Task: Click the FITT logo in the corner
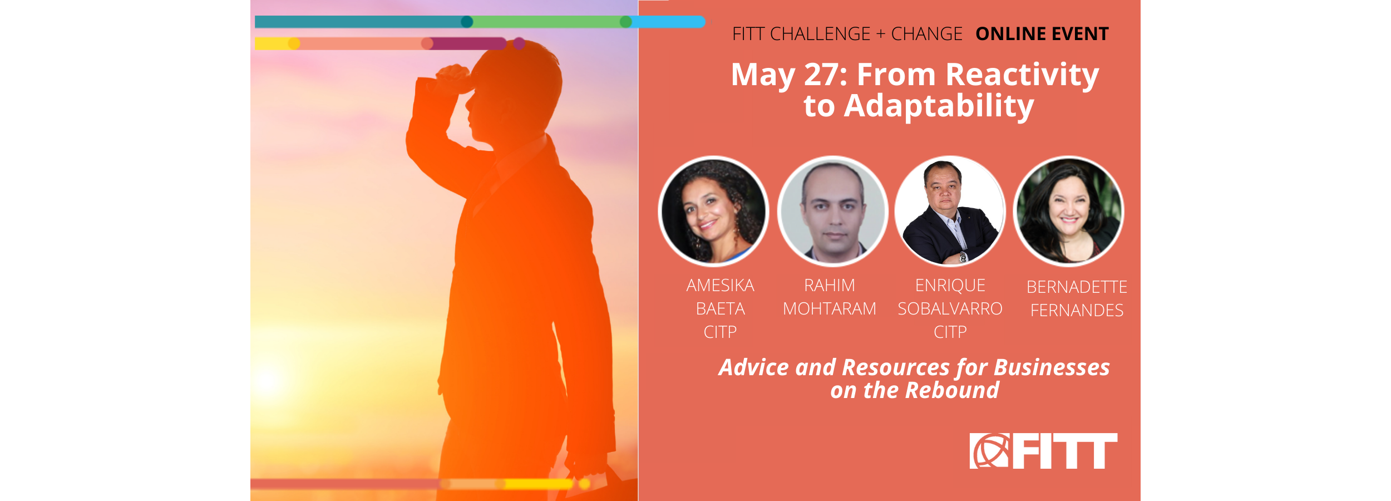pos(1043,451)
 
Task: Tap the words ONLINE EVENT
pos(1042,34)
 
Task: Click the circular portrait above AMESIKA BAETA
pos(713,211)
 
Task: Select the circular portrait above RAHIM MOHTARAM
pos(832,211)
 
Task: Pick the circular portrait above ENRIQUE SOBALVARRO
pos(950,211)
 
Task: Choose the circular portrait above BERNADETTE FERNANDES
pos(1069,211)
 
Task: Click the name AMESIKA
pos(720,286)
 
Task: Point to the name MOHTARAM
pos(830,309)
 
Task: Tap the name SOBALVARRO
pos(950,309)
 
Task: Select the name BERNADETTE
pos(1077,287)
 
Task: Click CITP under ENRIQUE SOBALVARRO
pos(950,332)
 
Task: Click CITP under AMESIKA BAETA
pos(720,332)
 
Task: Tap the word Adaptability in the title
pos(939,106)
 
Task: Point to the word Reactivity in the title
pos(1022,75)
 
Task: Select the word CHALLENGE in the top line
pos(820,34)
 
